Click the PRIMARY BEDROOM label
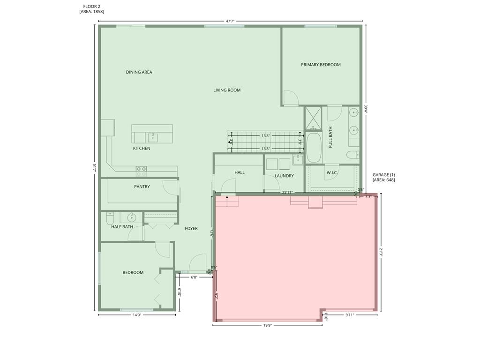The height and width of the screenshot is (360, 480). tap(321, 65)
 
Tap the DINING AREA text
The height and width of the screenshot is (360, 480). tap(139, 72)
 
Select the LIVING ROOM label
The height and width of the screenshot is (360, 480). tap(227, 90)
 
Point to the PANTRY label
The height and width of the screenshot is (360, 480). tap(142, 187)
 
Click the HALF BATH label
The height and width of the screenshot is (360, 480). tap(122, 227)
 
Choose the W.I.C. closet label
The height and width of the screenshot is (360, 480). tap(332, 172)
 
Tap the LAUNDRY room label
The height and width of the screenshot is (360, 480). tap(284, 176)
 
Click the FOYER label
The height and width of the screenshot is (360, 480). tap(191, 229)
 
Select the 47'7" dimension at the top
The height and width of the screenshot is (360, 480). tap(230, 21)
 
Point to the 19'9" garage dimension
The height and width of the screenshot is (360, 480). tap(268, 325)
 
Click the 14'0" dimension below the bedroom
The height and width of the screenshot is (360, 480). tap(137, 315)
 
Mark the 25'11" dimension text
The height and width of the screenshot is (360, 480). tap(288, 192)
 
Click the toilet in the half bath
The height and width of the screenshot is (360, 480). tap(110, 218)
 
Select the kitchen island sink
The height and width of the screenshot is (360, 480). tap(153, 137)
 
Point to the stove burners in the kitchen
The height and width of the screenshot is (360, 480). tap(141, 169)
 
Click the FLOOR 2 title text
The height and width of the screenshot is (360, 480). tap(91, 7)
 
